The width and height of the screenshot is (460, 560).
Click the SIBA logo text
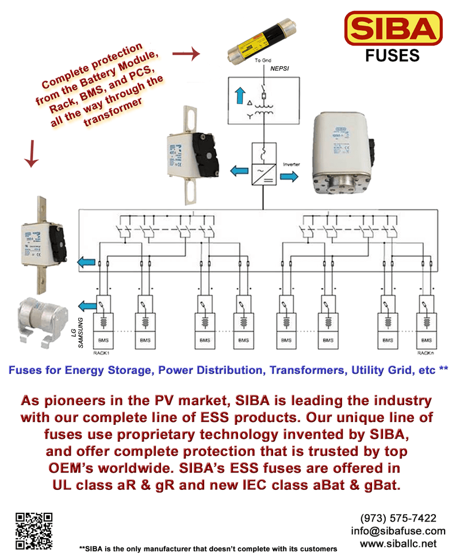click(393, 29)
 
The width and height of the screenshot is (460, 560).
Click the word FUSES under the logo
click(393, 56)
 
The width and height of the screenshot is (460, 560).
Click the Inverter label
click(292, 165)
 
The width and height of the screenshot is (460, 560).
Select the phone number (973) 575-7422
click(398, 518)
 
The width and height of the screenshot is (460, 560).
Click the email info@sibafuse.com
click(398, 531)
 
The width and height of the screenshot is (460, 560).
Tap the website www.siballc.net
click(398, 543)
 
